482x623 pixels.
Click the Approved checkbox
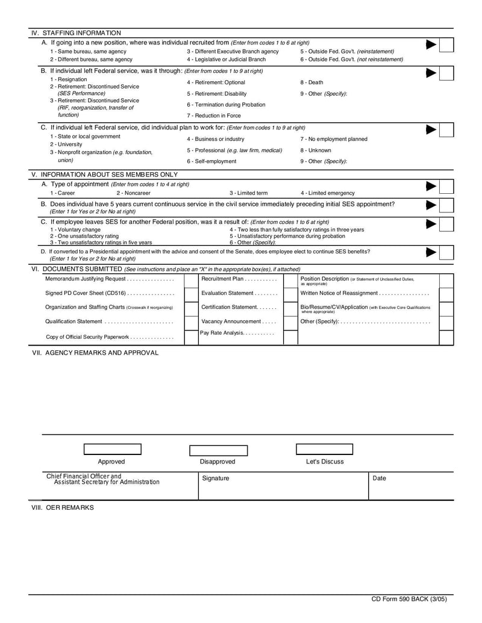tap(112, 449)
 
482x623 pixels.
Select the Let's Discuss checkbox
tap(324, 449)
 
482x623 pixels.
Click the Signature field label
tap(215, 479)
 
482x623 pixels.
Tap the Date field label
tap(380, 479)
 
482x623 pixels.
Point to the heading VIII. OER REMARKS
tap(63, 507)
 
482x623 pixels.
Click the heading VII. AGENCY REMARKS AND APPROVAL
tap(95, 353)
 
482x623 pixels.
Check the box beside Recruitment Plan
tap(191, 279)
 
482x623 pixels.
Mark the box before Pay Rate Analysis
tap(191, 336)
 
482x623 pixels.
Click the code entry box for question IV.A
tap(446, 46)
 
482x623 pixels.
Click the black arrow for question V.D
tap(431, 252)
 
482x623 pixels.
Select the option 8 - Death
tap(311, 82)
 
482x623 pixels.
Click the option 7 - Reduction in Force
tap(213, 116)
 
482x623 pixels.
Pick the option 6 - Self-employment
tap(211, 161)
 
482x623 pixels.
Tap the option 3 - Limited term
tap(249, 193)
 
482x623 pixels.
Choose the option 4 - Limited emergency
tap(327, 193)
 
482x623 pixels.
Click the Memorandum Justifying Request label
tap(86, 279)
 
